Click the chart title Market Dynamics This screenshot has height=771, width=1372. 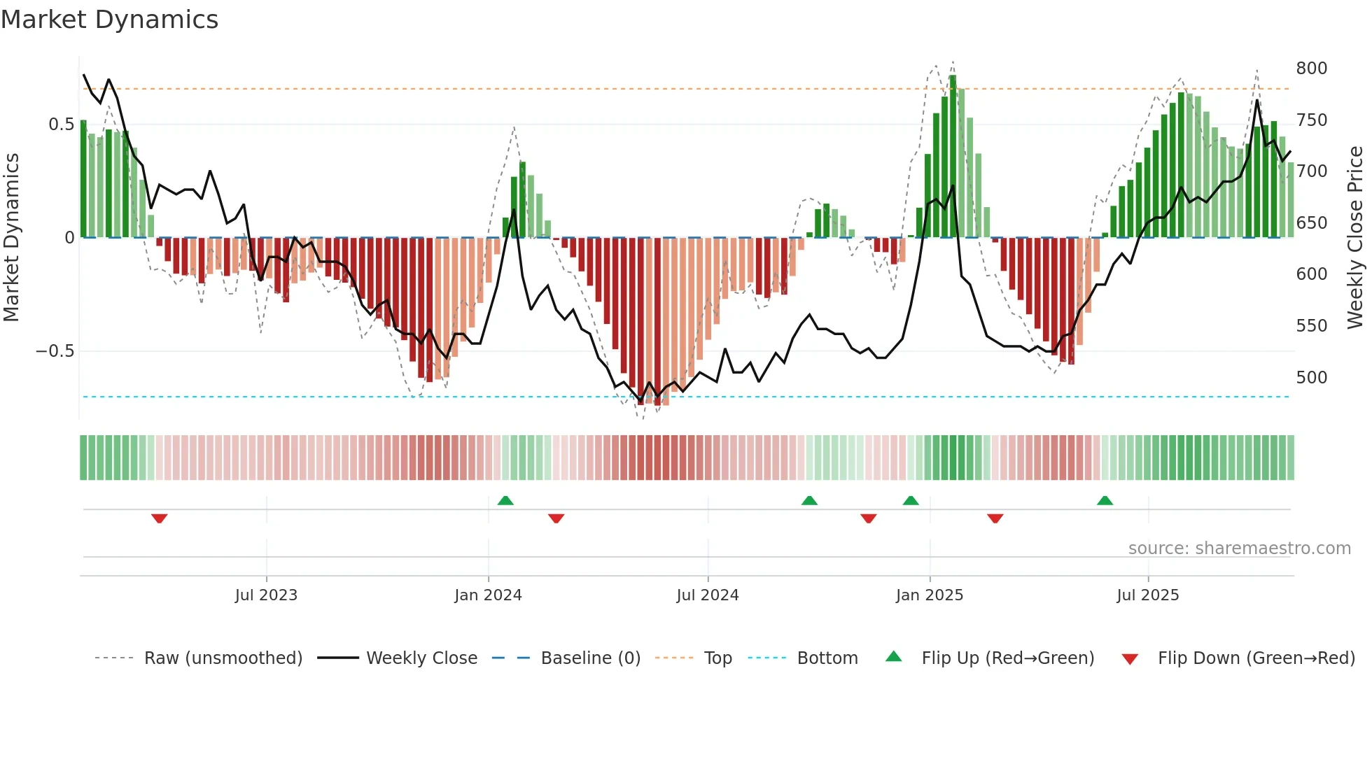click(109, 20)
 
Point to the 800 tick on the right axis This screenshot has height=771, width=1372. click(1311, 69)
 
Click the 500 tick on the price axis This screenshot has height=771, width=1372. click(1311, 378)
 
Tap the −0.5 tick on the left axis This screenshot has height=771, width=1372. click(55, 351)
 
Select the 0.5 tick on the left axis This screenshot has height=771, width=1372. click(61, 125)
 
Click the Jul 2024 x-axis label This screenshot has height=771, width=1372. click(707, 595)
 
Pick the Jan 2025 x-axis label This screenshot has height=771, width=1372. click(929, 595)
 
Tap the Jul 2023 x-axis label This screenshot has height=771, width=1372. click(266, 595)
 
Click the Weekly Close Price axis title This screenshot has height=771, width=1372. click(1355, 238)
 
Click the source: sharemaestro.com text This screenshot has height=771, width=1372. click(1239, 549)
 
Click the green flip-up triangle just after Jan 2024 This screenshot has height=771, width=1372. click(505, 500)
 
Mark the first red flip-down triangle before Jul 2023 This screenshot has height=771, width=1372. click(160, 518)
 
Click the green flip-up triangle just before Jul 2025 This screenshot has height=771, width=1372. click(1105, 500)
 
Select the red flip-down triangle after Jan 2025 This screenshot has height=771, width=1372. click(995, 518)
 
